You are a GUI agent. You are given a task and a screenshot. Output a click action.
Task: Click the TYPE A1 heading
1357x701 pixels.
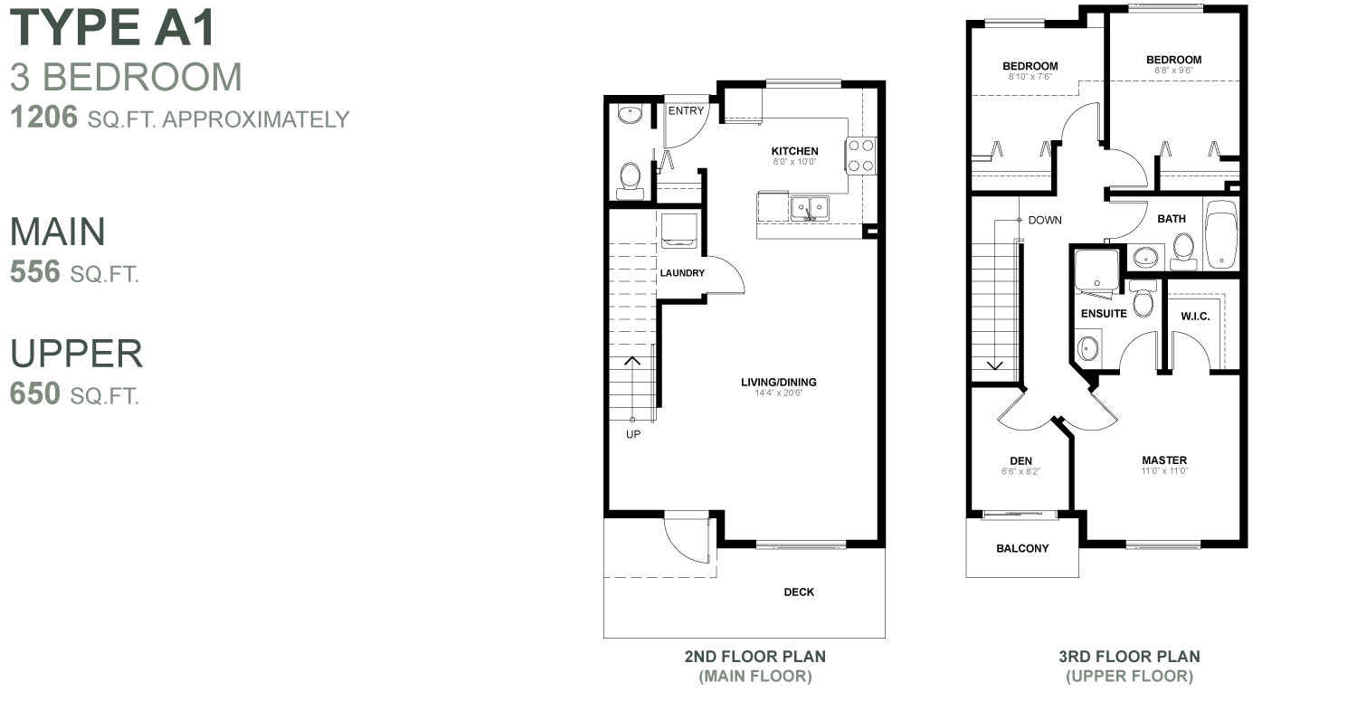[113, 27]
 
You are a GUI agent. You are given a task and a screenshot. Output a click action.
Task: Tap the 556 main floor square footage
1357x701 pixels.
[34, 272]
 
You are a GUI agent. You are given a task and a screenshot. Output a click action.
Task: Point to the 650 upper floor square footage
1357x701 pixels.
[34, 393]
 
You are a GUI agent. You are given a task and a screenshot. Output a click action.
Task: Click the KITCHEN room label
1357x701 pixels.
[794, 151]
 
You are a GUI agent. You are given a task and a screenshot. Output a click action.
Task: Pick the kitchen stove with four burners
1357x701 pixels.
[861, 155]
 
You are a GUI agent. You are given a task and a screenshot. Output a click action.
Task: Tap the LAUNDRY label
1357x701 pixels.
[682, 272]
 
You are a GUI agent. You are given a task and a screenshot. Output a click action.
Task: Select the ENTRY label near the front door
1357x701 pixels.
[686, 110]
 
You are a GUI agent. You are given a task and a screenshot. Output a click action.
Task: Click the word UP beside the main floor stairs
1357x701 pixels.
[633, 434]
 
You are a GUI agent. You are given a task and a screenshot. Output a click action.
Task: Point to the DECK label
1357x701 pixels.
[799, 592]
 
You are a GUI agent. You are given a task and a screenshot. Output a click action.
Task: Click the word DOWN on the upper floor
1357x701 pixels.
[1044, 220]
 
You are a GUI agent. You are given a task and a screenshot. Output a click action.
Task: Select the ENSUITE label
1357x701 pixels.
[1104, 313]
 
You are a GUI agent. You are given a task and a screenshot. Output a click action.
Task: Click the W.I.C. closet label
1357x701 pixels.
[1195, 316]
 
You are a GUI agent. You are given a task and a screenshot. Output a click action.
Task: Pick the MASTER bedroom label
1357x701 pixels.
[1164, 460]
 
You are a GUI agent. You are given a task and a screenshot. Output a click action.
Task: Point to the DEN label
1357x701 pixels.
[1020, 460]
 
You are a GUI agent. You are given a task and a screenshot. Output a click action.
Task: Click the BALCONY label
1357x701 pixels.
[1022, 548]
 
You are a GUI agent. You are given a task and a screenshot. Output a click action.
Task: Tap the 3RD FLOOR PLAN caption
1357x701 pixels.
[1129, 657]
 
